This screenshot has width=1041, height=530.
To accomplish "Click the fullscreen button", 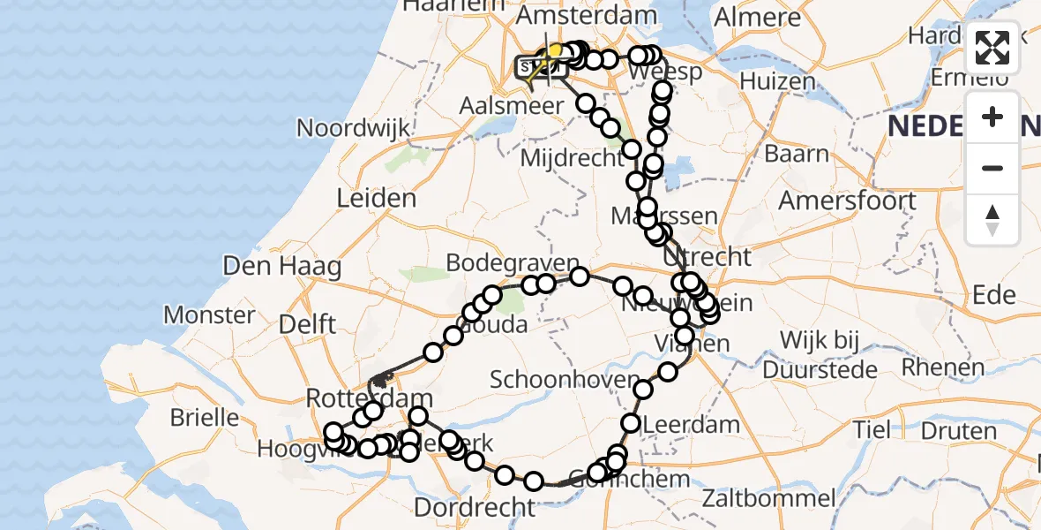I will click(x=992, y=48).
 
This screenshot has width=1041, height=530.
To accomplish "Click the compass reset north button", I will click(x=992, y=219).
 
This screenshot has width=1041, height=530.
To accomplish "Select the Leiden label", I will click(x=376, y=198).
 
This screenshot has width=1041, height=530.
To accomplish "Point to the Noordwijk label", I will click(x=353, y=127).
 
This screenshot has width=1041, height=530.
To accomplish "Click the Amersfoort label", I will click(x=847, y=201).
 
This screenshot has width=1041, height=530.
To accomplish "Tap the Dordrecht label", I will click(x=475, y=508).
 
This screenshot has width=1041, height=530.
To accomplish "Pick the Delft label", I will click(x=306, y=324).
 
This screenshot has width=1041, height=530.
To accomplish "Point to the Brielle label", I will click(x=205, y=417).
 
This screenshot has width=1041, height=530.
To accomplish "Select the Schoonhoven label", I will click(x=565, y=380).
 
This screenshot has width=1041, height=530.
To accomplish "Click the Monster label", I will click(x=209, y=314).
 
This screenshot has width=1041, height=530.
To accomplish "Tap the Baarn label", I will click(x=797, y=155).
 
